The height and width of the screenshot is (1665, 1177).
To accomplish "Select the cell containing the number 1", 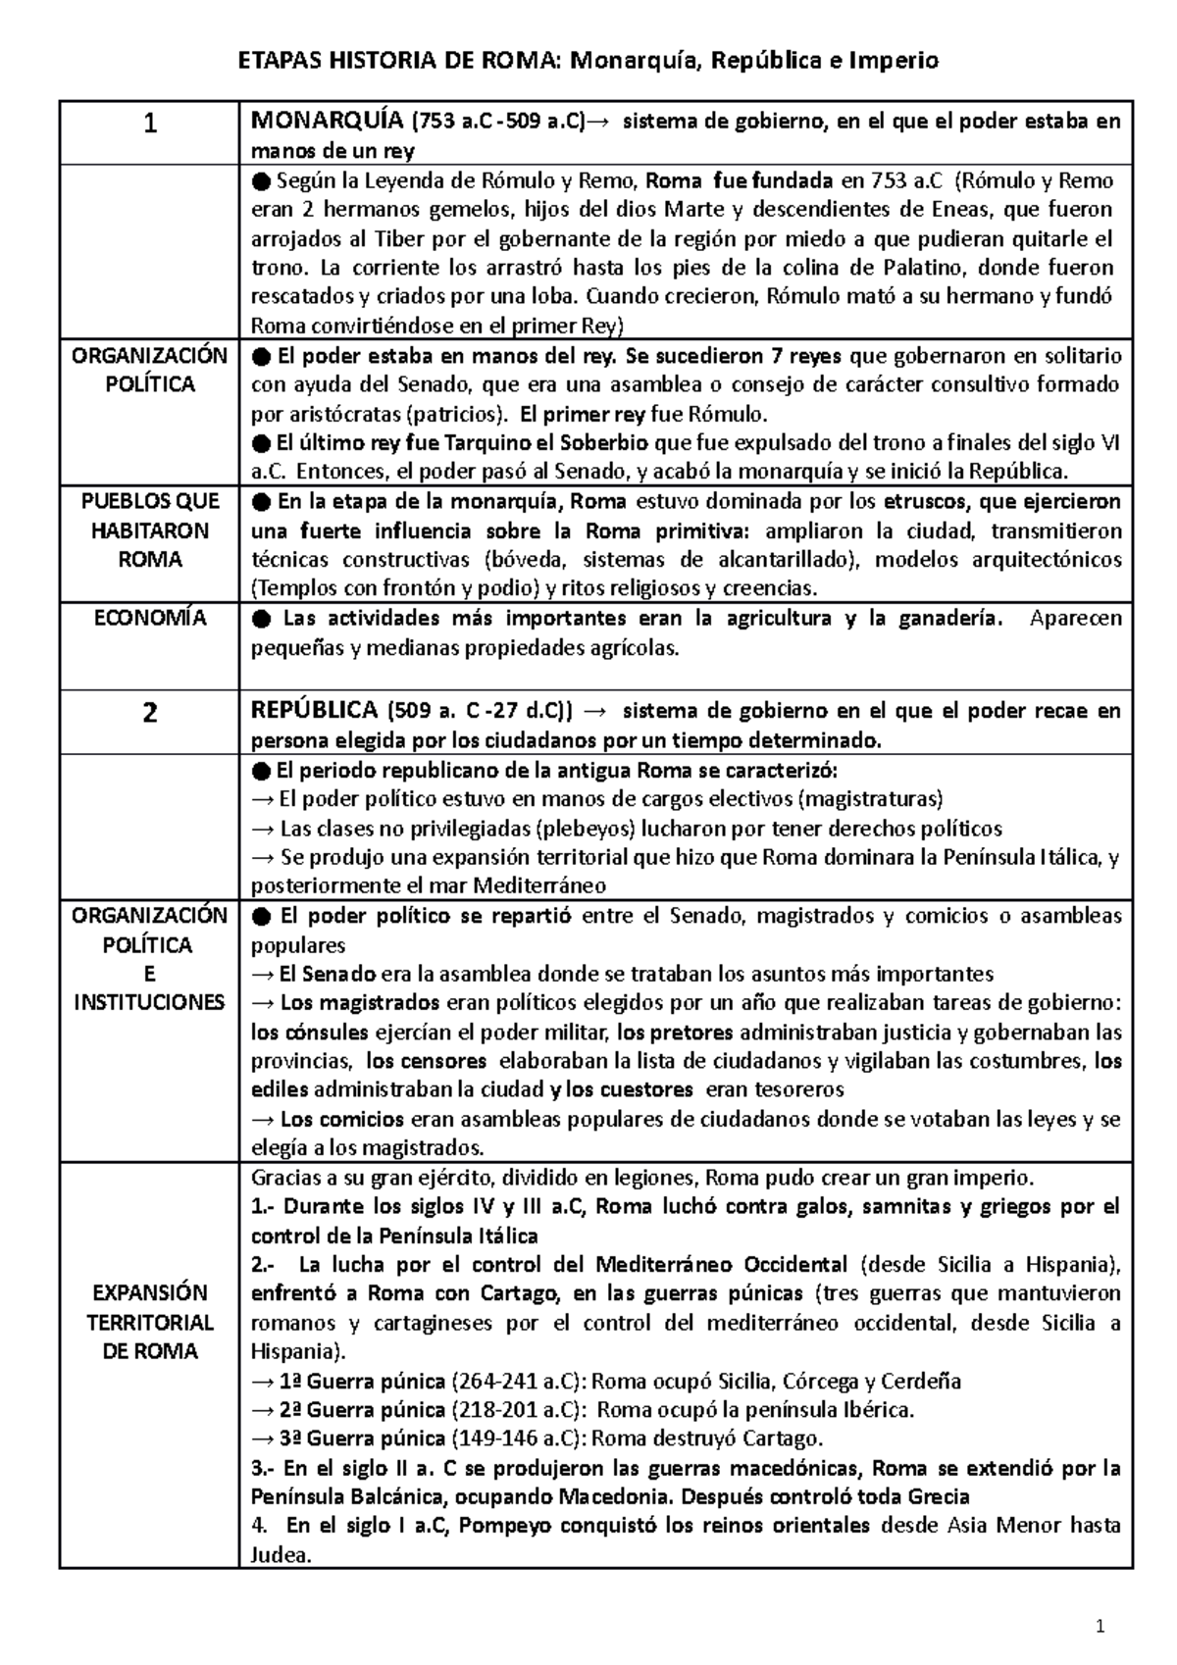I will pyautogui.click(x=149, y=125).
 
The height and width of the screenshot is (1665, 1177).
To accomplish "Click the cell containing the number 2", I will pyautogui.click(x=149, y=713).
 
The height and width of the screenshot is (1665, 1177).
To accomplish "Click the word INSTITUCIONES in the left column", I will pyautogui.click(x=149, y=1003).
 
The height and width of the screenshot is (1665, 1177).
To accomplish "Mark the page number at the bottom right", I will pyautogui.click(x=1100, y=1630).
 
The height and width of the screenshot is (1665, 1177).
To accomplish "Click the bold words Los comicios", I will pyautogui.click(x=341, y=1119).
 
